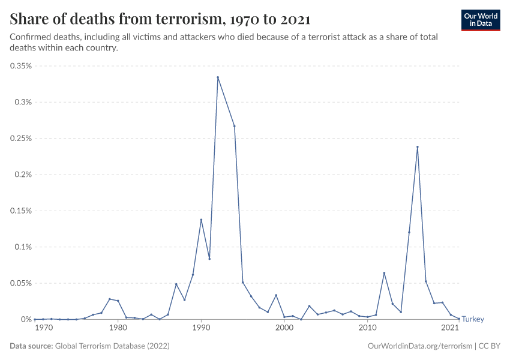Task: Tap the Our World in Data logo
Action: [x=480, y=20]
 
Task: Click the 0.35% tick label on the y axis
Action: [x=20, y=66]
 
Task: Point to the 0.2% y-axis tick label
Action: [x=23, y=175]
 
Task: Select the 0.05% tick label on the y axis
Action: [x=20, y=283]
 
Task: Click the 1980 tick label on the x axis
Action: [x=118, y=328]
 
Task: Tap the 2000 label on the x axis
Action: [x=284, y=328]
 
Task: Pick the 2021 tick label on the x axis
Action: [x=450, y=328]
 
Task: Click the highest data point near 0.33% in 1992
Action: [x=218, y=77]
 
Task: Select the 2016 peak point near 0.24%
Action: [x=418, y=147]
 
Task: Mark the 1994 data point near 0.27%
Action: [x=234, y=126]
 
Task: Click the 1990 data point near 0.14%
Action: [x=201, y=220]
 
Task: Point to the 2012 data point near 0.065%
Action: [x=384, y=273]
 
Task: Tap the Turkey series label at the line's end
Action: [x=473, y=319]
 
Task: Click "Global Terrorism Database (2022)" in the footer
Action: [x=112, y=346]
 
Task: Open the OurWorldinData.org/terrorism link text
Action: [x=418, y=346]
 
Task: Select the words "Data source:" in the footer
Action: [x=31, y=346]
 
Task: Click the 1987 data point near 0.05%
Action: [x=176, y=284]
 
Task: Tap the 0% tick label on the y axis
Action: [x=26, y=319]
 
